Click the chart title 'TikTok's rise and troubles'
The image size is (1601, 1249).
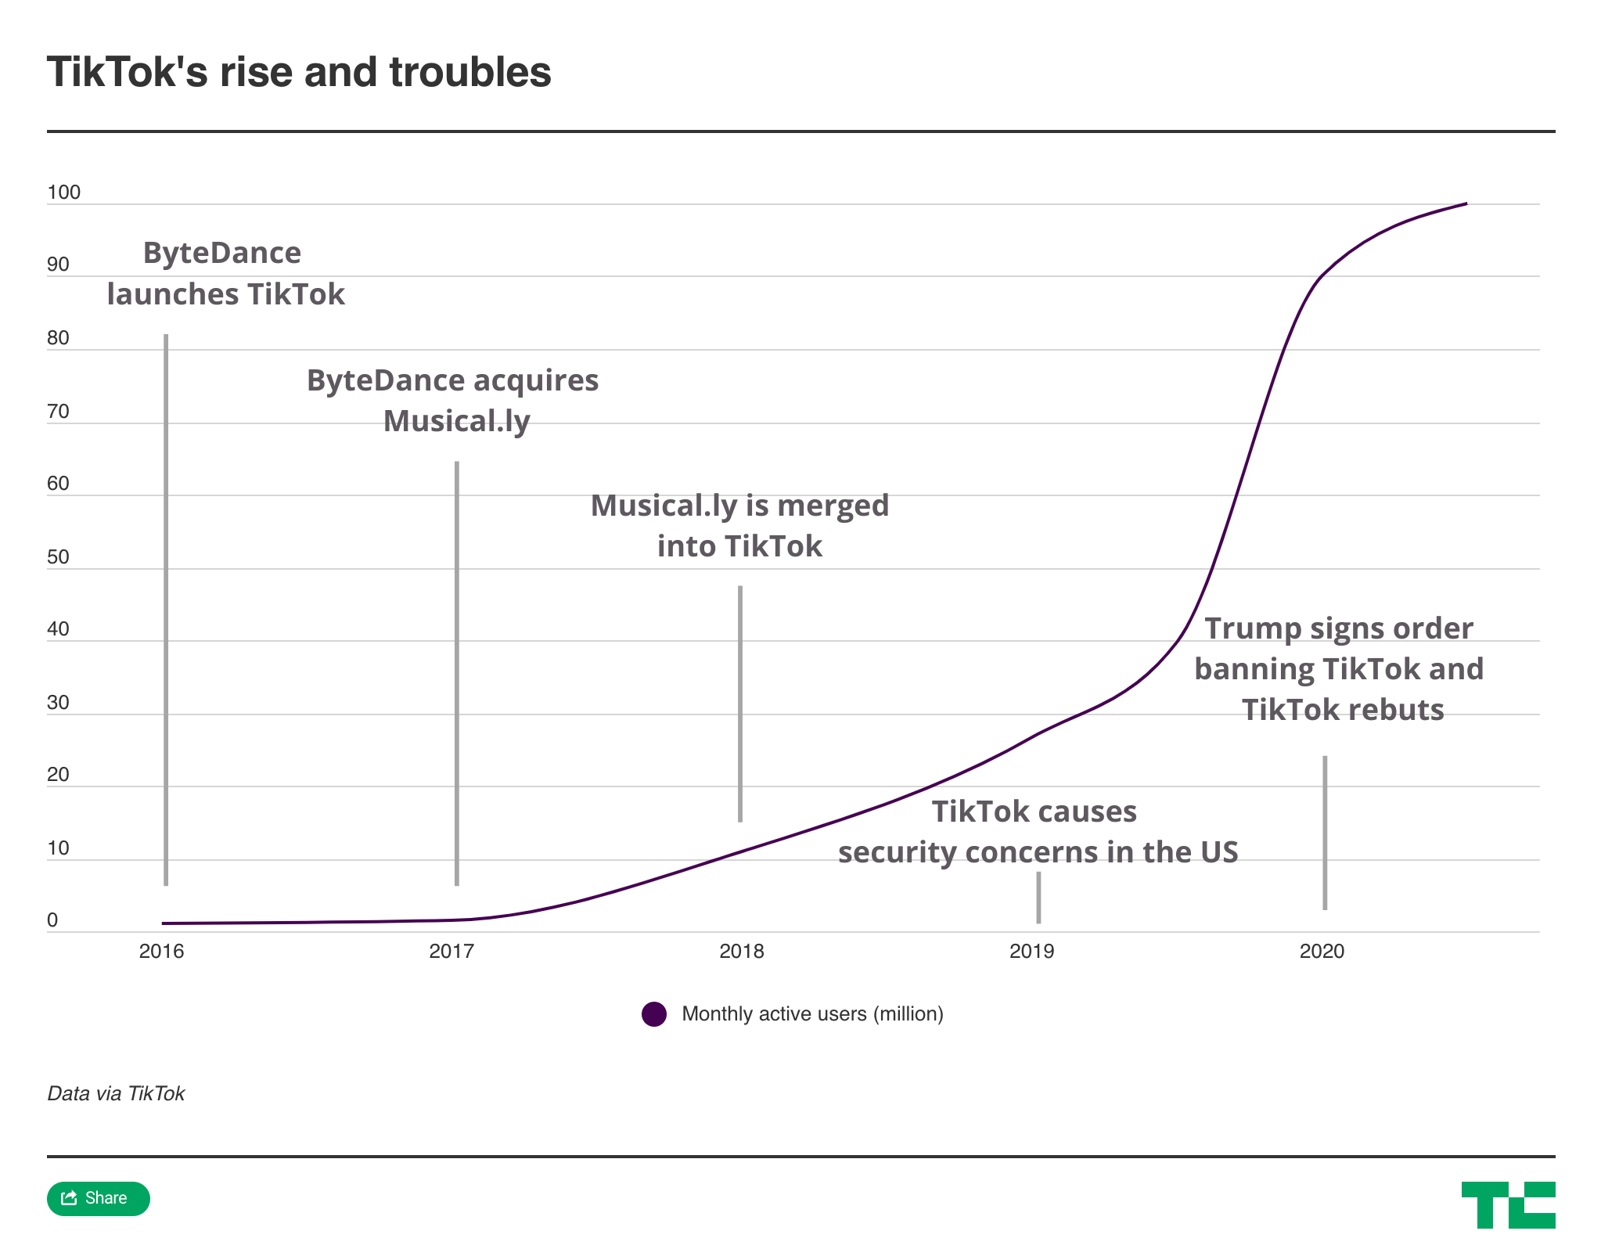(299, 72)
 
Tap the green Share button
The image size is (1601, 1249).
(98, 1198)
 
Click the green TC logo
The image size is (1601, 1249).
(1507, 1204)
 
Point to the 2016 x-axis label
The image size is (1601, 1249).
(161, 951)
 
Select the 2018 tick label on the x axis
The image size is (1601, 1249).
(741, 951)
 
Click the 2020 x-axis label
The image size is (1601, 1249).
(1322, 951)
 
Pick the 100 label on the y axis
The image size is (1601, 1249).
(63, 193)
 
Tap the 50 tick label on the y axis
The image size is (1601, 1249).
(58, 556)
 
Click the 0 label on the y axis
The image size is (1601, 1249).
(52, 920)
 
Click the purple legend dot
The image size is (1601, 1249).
(654, 1014)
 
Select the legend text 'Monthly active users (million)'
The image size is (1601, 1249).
(812, 1014)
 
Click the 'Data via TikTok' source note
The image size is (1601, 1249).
(116, 1093)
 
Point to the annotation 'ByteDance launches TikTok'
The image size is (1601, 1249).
(225, 274)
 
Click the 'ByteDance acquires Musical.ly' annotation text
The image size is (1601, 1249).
(453, 400)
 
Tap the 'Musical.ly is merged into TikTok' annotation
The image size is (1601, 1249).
(739, 525)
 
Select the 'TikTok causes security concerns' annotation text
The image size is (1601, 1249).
(1038, 831)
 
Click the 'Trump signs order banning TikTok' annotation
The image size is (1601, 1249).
(1339, 669)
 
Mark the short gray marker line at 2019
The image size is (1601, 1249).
(1038, 897)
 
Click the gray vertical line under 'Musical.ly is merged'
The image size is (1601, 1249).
(740, 704)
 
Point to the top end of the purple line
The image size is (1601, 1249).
(1466, 204)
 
